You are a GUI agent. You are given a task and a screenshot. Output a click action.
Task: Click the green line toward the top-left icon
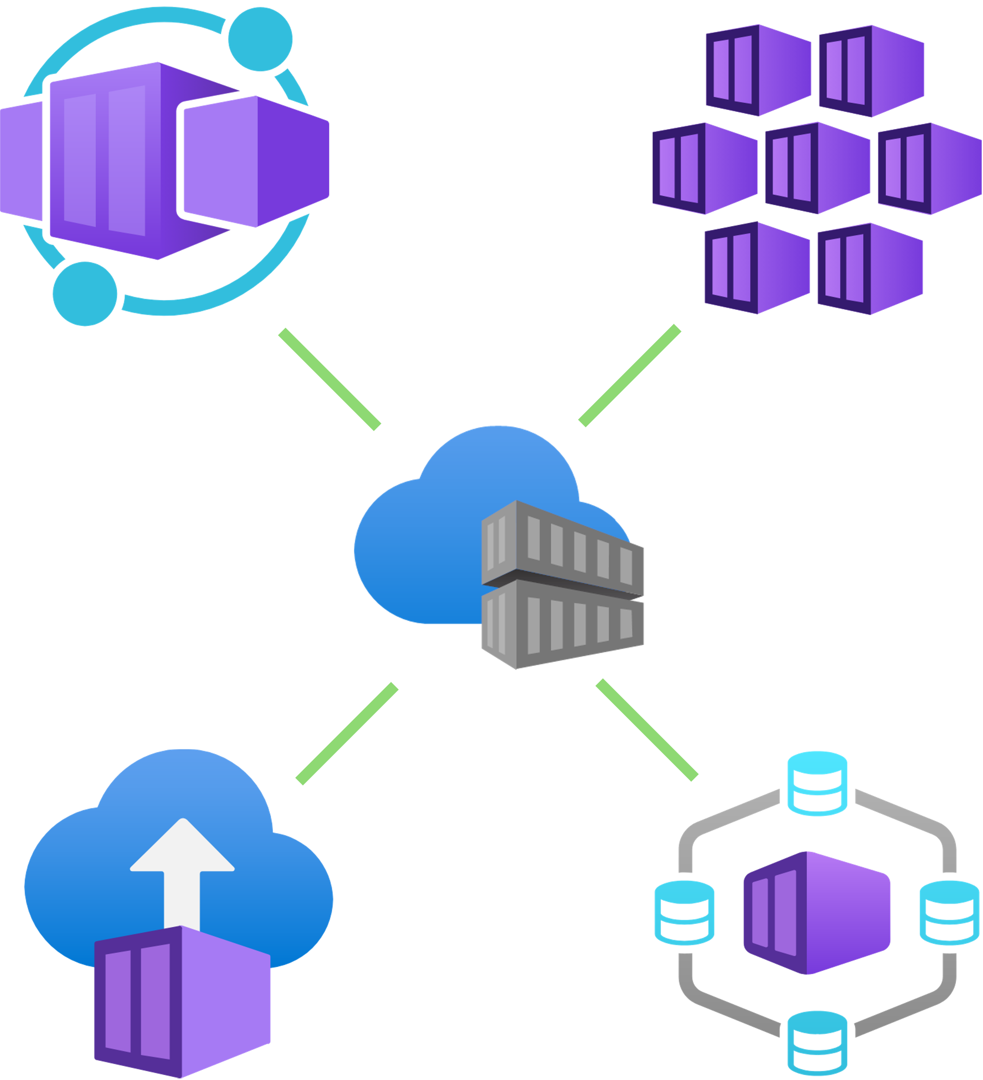[x=330, y=378]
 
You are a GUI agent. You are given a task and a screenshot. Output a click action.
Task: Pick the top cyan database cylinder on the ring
[x=817, y=783]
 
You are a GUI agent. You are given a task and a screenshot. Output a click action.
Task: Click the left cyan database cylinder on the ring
[x=683, y=911]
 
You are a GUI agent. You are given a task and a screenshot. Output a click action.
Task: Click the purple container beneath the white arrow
[x=182, y=1002]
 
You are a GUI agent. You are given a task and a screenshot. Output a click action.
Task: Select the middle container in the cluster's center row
[x=817, y=169]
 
